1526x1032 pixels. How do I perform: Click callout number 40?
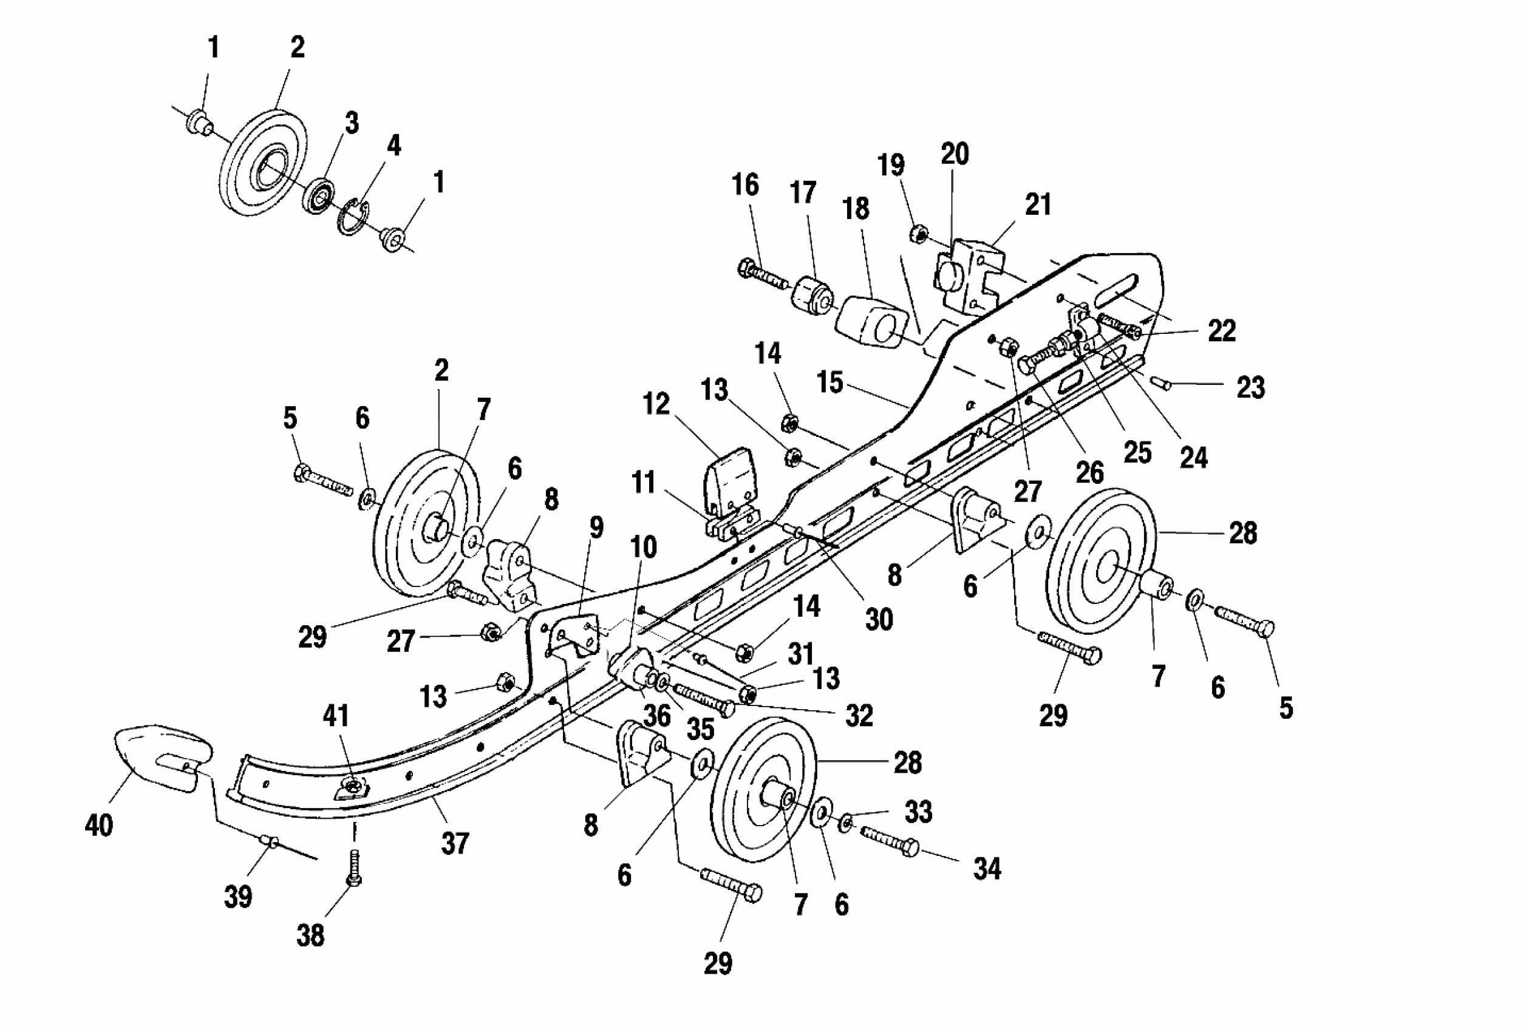(x=98, y=825)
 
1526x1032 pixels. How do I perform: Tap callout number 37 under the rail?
(x=454, y=844)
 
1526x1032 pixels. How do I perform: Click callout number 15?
(x=830, y=382)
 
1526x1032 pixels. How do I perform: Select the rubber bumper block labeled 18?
(x=870, y=322)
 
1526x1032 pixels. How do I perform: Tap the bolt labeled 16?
(x=761, y=274)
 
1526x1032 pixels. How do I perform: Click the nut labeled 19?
(x=919, y=233)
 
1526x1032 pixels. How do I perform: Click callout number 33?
(x=918, y=812)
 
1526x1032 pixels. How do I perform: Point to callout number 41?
(x=336, y=716)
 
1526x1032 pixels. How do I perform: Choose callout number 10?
(x=643, y=547)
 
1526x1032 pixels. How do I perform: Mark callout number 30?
(x=879, y=619)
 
